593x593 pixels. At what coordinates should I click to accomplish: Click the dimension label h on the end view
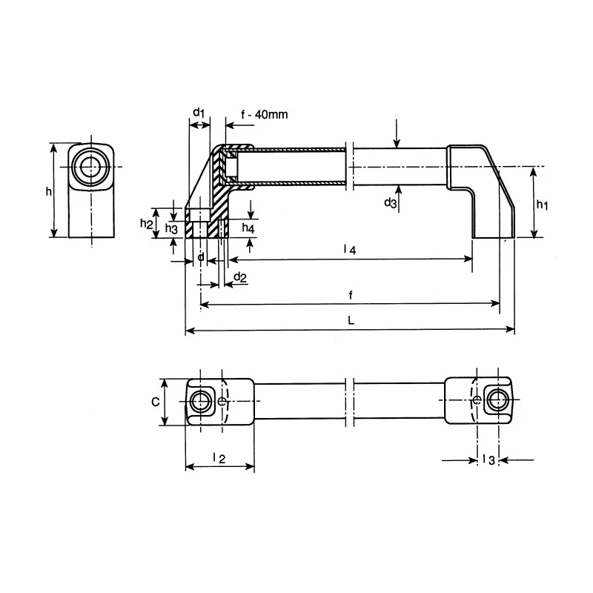pos(48,192)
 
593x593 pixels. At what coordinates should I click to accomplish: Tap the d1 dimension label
pos(199,113)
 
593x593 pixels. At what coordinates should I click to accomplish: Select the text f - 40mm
pos(265,114)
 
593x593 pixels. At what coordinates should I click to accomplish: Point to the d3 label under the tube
pos(391,202)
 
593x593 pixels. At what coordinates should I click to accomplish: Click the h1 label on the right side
pos(542,205)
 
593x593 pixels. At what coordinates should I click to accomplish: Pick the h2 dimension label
pos(146,224)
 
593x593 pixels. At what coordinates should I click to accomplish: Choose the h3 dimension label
pos(171,228)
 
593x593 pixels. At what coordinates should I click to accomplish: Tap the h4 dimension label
pos(248,228)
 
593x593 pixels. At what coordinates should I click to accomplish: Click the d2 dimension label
pos(240,277)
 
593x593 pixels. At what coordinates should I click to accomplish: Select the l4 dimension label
pos(350,249)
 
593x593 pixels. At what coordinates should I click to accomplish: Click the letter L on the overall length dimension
pos(351,321)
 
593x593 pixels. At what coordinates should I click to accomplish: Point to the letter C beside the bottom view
pos(156,402)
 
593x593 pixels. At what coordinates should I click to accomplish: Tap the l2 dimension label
pos(219,458)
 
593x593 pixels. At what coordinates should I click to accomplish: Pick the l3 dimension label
pos(488,460)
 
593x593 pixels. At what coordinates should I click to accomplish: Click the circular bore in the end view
pos(90,166)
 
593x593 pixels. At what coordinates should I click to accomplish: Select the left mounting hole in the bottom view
pos(199,401)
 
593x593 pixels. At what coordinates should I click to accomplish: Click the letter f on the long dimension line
pos(351,295)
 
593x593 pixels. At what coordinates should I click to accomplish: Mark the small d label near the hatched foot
pos(201,257)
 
